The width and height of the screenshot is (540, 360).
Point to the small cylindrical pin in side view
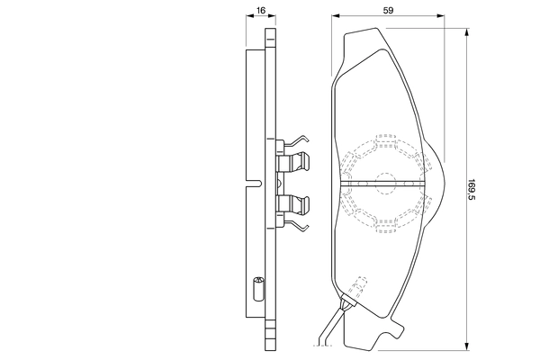coord(256,290)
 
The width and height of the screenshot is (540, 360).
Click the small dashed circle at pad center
coord(385,183)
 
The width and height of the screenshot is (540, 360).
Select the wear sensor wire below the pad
coord(331,328)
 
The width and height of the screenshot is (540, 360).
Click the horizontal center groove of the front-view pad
coord(385,183)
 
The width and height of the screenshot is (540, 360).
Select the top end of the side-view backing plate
coord(269,36)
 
